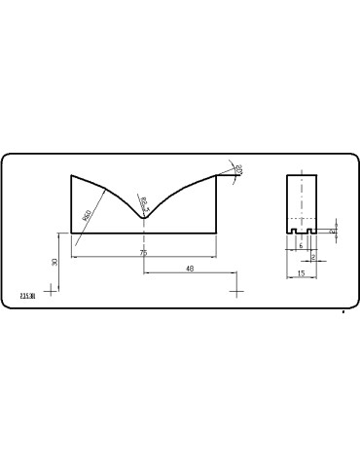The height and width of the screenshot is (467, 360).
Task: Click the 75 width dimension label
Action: (143, 252)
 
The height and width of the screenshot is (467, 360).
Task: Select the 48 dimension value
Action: (190, 268)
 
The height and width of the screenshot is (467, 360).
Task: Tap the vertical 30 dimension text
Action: (55, 262)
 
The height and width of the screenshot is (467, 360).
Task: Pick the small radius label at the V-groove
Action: (143, 201)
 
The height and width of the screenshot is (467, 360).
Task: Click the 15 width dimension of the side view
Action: (302, 273)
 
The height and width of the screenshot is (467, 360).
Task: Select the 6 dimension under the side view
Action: (302, 246)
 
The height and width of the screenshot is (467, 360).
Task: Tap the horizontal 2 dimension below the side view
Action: (312, 258)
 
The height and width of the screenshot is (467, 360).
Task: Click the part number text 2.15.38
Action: (26, 296)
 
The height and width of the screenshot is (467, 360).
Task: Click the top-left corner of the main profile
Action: (72, 175)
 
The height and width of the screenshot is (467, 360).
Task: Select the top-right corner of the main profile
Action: (216, 175)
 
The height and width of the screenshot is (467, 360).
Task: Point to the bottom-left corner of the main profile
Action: (72, 233)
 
